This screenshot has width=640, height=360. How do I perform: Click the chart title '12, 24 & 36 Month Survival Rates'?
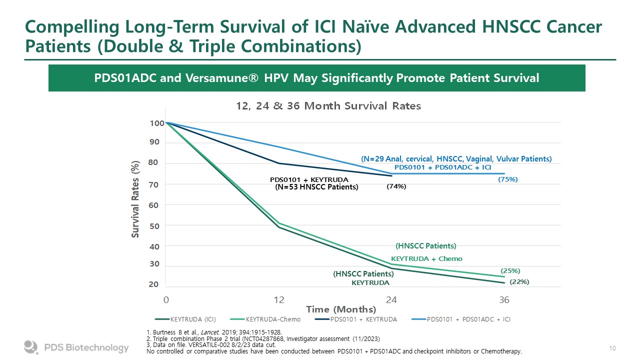tap(328, 106)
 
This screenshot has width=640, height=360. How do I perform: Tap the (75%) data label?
tap(508, 179)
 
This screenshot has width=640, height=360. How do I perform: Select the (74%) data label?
tap(396, 186)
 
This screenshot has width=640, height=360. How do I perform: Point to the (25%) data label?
tap(510, 271)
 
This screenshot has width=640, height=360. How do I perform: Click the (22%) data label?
tap(519, 282)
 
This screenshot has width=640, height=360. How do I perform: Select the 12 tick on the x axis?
tap(279, 300)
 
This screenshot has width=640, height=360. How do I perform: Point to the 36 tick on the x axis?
tap(504, 300)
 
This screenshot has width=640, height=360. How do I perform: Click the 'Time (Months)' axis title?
tap(341, 309)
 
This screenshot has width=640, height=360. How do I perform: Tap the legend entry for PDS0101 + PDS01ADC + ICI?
tap(468, 319)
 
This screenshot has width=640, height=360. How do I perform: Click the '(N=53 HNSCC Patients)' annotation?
tap(316, 187)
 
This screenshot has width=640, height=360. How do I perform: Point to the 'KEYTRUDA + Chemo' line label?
tap(426, 259)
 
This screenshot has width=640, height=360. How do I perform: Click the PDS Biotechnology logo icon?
tap(31, 347)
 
